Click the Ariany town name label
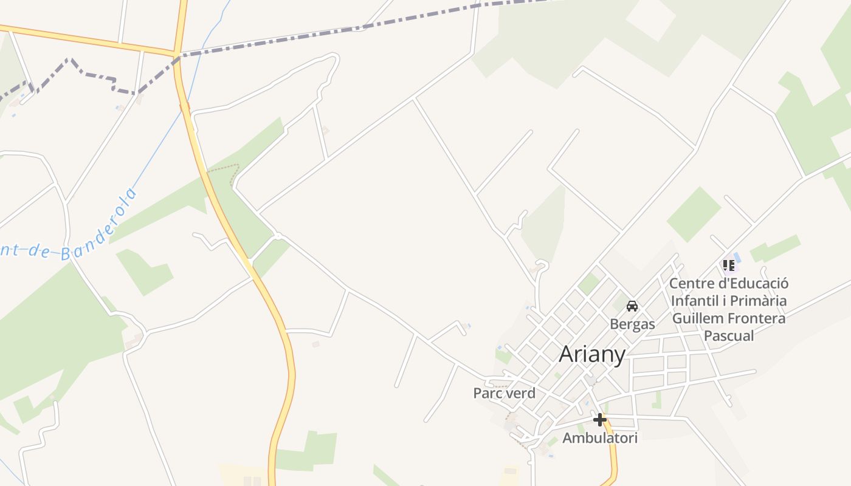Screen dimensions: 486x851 pos(591,354)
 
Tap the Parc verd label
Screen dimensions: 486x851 pos(504,393)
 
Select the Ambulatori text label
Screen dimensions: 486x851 pos(599,438)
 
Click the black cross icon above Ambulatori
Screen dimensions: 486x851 pos(599,420)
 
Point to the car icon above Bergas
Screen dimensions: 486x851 pos(632,306)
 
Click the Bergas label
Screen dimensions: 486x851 pos(632,324)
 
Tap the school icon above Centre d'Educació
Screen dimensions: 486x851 pos(728,265)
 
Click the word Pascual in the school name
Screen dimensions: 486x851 pos(728,335)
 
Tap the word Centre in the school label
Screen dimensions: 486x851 pos(692,284)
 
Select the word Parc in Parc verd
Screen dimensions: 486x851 pos(488,393)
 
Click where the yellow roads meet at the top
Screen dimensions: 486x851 pos(177,53)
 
